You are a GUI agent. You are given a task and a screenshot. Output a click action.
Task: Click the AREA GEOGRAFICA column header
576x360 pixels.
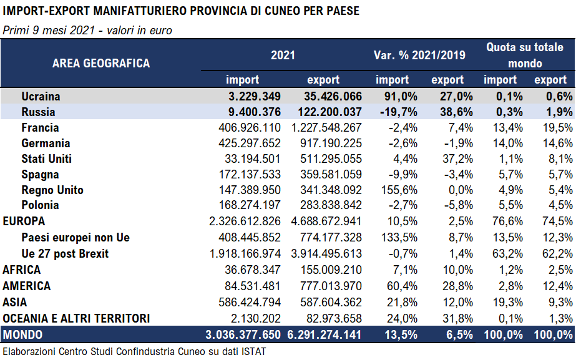click(x=101, y=63)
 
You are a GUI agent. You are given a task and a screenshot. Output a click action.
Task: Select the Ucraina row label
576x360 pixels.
click(x=41, y=96)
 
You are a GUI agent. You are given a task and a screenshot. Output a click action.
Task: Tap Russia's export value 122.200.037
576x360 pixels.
click(x=326, y=112)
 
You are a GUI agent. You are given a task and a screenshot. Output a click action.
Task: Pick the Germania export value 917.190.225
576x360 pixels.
click(x=326, y=144)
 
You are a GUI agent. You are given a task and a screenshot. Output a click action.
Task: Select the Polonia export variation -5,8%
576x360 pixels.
click(x=449, y=205)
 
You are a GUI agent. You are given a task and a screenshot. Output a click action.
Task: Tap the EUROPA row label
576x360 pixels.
click(x=24, y=221)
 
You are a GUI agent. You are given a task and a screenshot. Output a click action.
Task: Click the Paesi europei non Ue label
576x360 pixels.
click(x=76, y=237)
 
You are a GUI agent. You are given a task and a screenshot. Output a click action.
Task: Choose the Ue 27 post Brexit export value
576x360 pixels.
click(x=326, y=253)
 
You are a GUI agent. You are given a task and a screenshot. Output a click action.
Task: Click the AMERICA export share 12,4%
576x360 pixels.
click(x=552, y=286)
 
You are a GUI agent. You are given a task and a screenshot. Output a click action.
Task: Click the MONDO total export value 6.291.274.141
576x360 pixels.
click(x=326, y=335)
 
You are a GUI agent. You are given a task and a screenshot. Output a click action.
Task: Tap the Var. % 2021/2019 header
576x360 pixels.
click(x=419, y=56)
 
